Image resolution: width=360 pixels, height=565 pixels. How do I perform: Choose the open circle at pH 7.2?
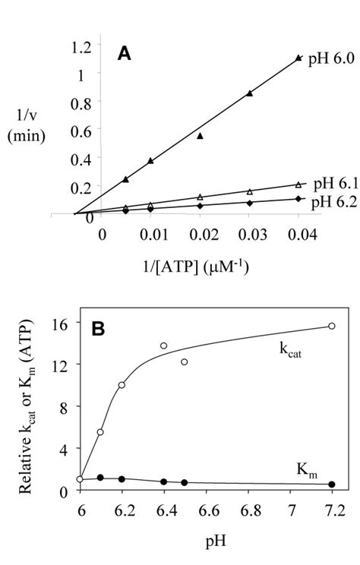[x=331, y=326]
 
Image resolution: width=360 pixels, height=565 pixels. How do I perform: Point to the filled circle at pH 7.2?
[x=331, y=485]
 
